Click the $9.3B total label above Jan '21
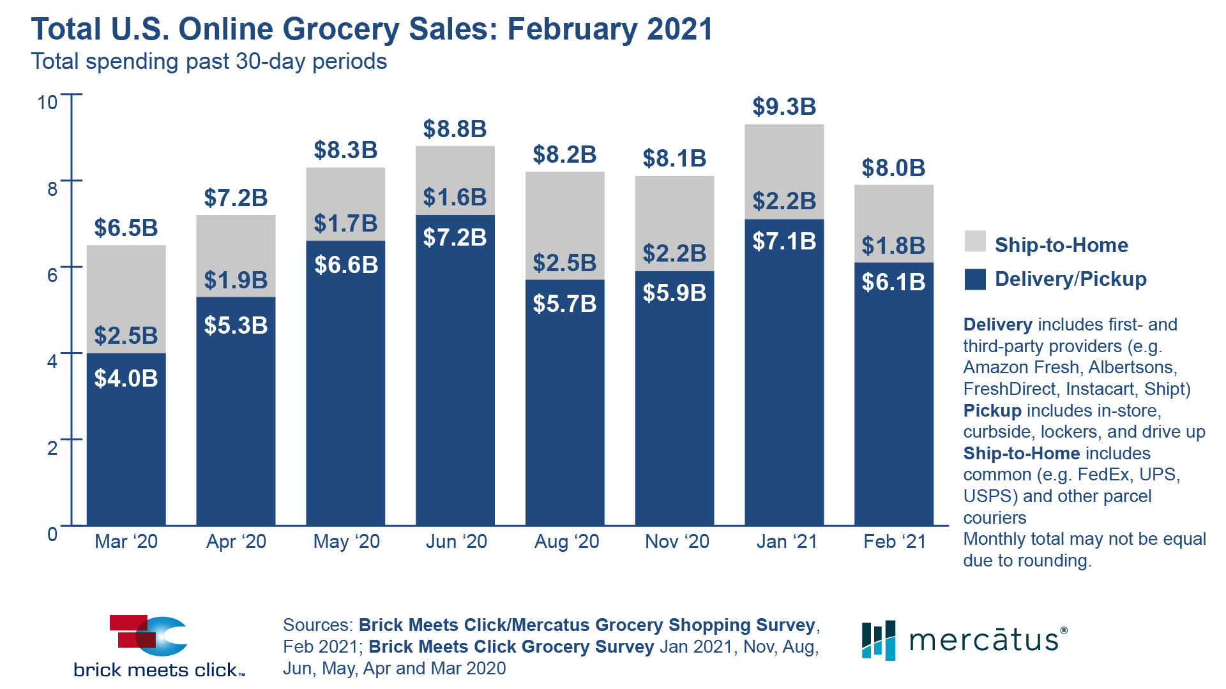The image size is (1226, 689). click(784, 107)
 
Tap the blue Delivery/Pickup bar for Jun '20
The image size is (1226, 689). click(455, 383)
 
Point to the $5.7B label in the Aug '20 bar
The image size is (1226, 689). click(564, 304)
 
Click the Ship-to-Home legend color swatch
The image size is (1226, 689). click(975, 242)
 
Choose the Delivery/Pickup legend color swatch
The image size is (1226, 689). click(975, 279)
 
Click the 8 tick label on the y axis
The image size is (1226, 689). click(52, 189)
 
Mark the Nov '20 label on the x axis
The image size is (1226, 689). click(677, 542)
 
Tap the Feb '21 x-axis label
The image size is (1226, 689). click(895, 542)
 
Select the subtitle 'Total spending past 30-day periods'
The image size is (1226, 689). click(209, 62)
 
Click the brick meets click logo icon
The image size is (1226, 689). click(149, 635)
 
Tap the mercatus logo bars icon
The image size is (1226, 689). click(879, 640)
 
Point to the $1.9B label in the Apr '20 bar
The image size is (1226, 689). click(236, 280)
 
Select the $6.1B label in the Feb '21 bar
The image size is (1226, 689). click(893, 282)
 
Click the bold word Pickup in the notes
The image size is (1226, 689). click(992, 410)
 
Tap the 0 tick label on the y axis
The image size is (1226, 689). click(52, 534)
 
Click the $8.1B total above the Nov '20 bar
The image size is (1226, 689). click(674, 158)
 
